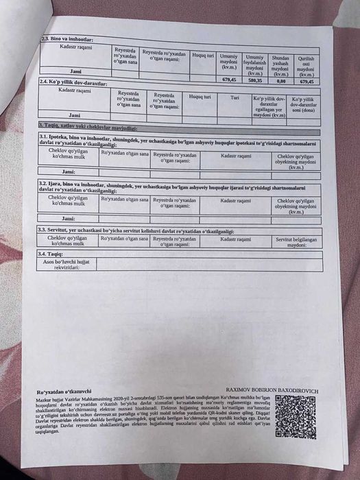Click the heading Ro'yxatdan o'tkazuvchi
point(64,389)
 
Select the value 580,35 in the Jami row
point(254,79)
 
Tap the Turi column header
point(235,97)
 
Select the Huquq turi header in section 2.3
point(204,53)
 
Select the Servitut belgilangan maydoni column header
point(296,241)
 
